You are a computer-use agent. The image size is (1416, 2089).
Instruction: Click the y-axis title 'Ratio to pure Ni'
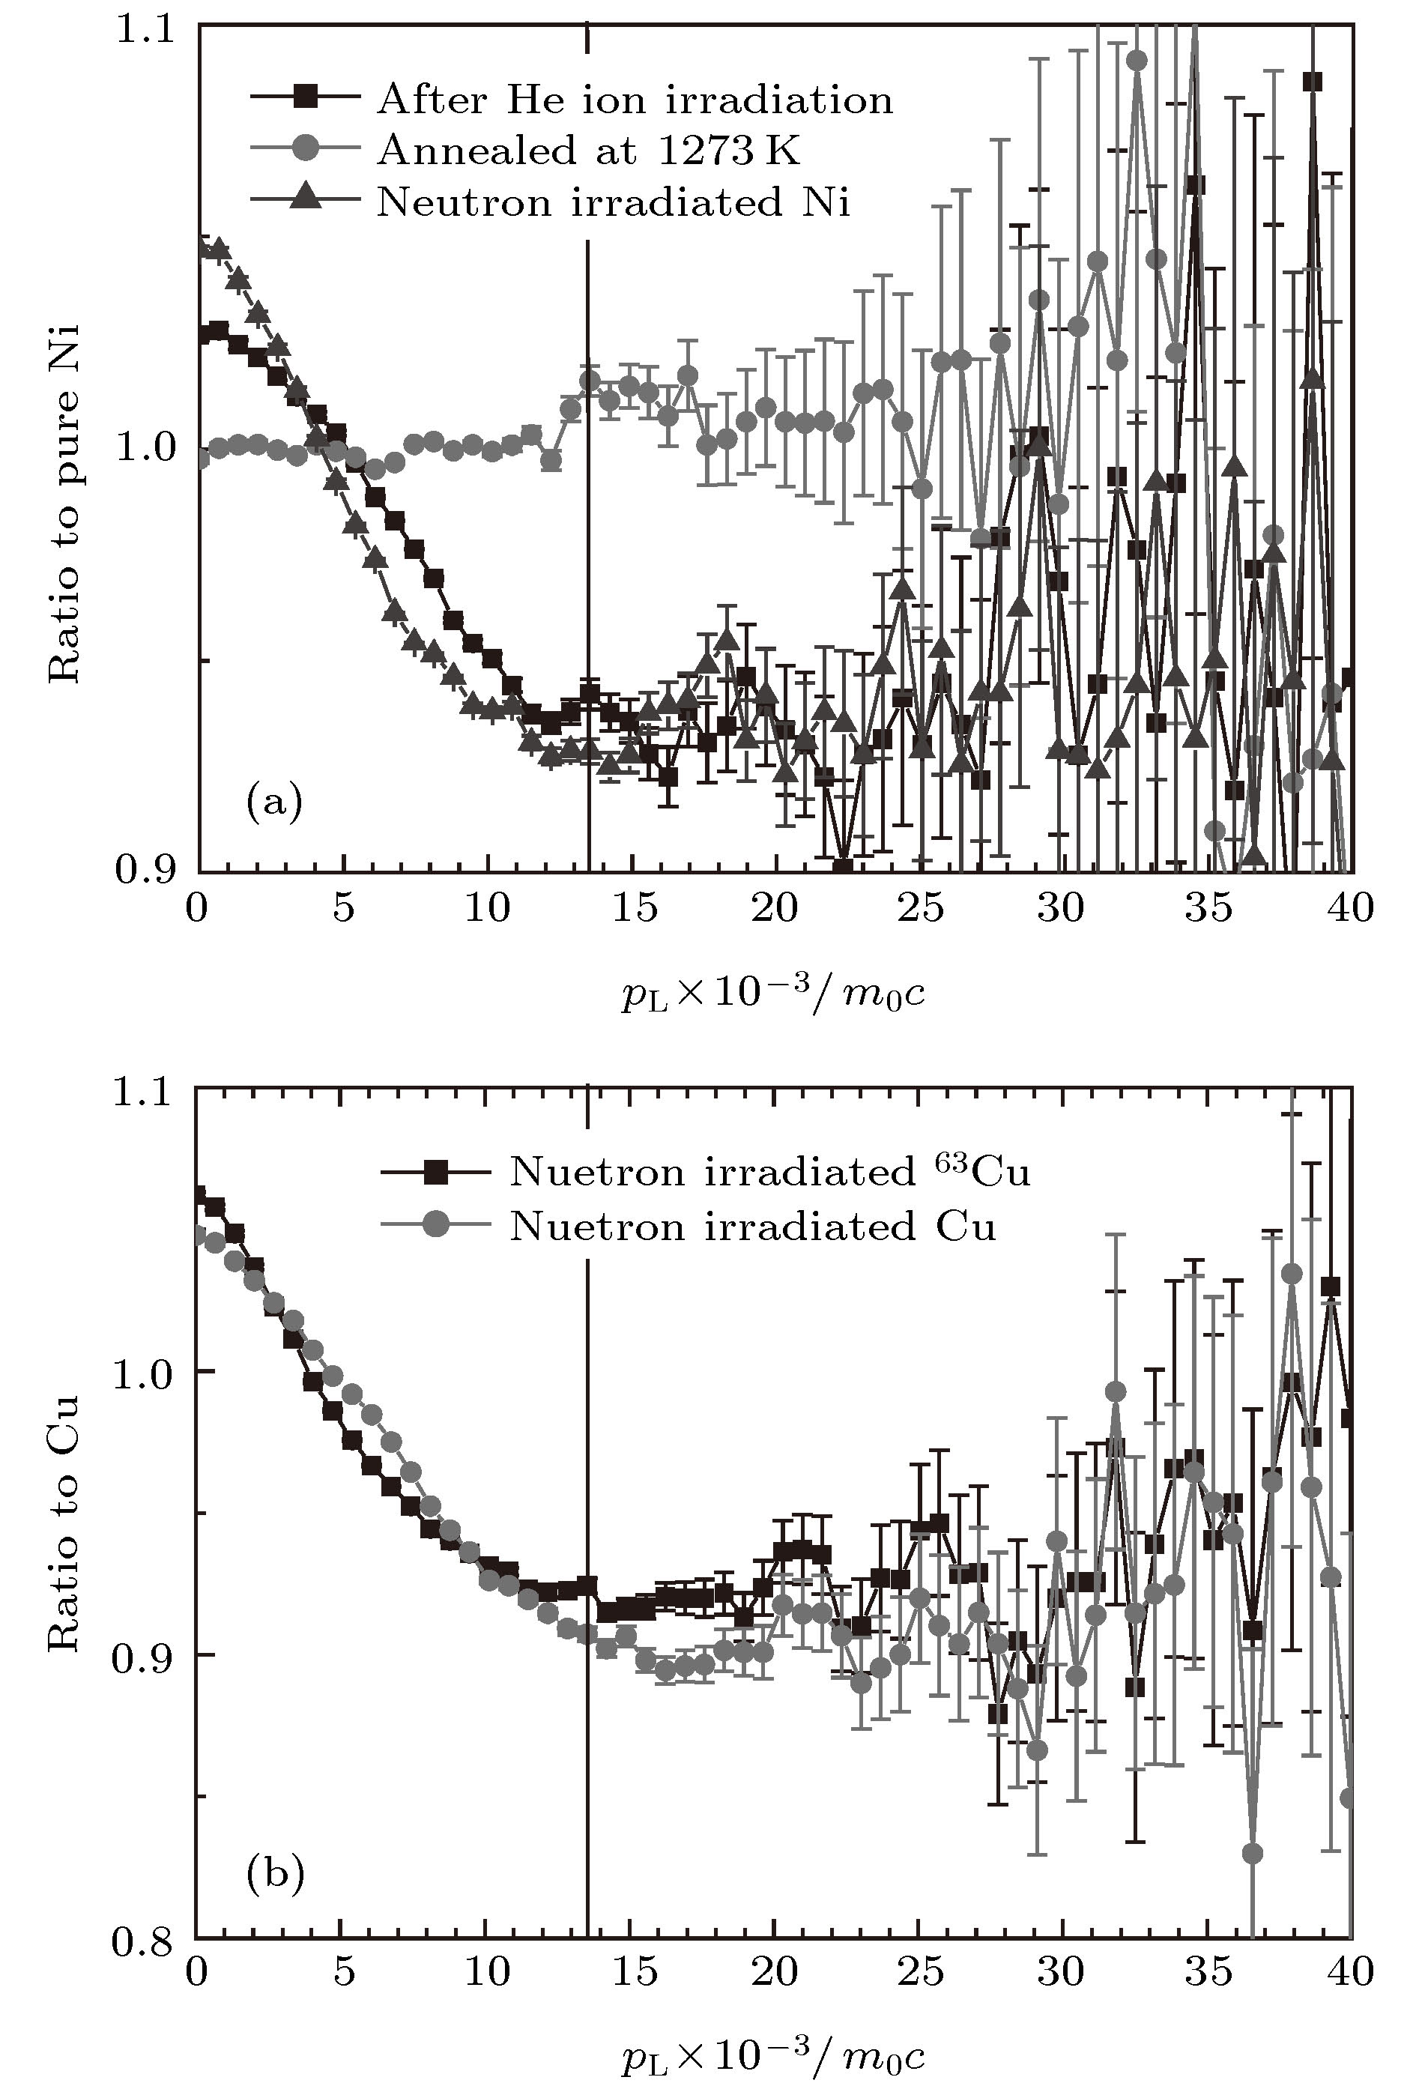point(64,504)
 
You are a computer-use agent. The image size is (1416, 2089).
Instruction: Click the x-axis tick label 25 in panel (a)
point(921,909)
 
